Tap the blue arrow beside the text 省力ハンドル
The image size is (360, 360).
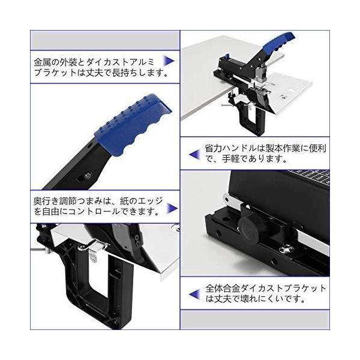click(x=194, y=154)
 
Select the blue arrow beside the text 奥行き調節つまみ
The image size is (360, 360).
click(x=172, y=208)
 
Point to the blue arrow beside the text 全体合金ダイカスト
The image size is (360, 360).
click(x=194, y=295)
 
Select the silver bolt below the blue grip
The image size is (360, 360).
click(x=88, y=176)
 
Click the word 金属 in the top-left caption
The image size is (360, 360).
click(x=42, y=62)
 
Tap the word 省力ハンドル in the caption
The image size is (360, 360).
click(x=230, y=149)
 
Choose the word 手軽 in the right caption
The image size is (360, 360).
click(x=231, y=159)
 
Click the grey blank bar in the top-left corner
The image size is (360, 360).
click(x=105, y=40)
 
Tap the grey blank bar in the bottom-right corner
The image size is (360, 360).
click(x=255, y=319)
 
